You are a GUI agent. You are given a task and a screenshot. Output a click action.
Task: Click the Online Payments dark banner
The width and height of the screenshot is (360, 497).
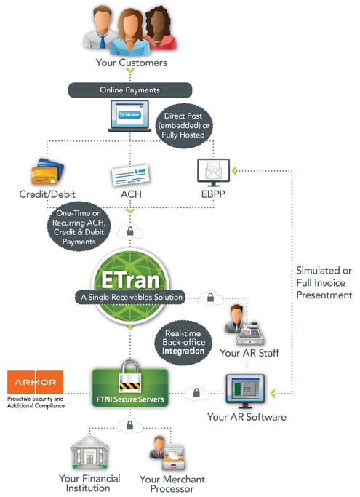(130, 90)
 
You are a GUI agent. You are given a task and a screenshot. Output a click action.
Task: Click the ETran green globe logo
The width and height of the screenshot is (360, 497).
(130, 277)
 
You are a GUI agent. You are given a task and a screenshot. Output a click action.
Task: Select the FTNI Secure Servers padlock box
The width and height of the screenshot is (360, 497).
(130, 383)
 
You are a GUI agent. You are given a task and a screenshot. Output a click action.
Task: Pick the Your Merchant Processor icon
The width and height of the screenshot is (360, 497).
(171, 453)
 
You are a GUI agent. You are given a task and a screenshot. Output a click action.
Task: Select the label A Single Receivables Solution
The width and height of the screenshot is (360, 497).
(130, 297)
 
